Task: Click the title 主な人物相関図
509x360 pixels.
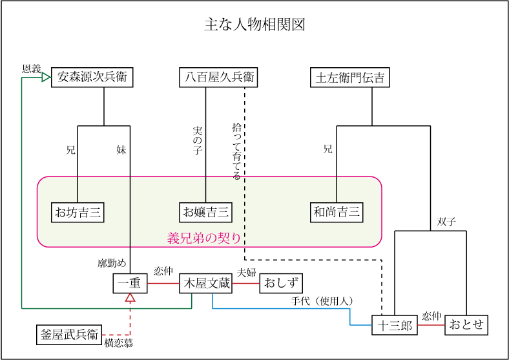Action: (254, 25)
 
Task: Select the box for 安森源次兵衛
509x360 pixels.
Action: (92, 78)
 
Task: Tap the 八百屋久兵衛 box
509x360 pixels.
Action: (218, 78)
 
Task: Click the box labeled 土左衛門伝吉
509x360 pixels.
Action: (349, 78)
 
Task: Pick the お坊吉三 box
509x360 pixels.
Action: (78, 212)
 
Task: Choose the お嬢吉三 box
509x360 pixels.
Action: (205, 212)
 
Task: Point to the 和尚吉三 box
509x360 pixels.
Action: (337, 212)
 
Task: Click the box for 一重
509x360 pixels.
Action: (130, 283)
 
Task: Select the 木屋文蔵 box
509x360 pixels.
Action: (205, 283)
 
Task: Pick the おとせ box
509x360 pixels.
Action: (466, 324)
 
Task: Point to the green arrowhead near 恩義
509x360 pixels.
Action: (46, 78)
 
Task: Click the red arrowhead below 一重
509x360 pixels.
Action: (130, 298)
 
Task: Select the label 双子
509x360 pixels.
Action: (446, 222)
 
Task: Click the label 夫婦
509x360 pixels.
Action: (247, 272)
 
